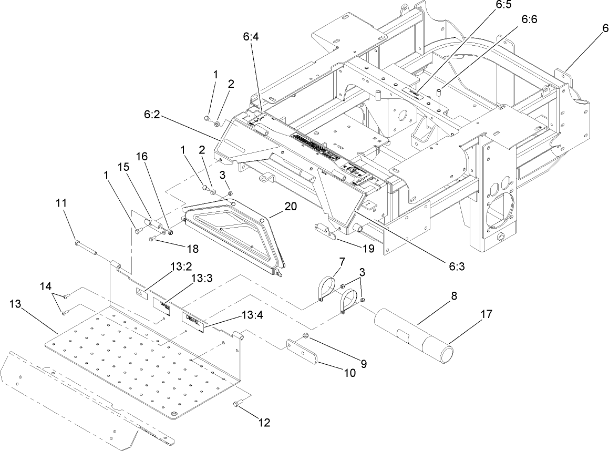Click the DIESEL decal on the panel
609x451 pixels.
pyautogui.click(x=193, y=321)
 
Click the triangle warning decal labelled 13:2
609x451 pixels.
pyautogui.click(x=140, y=293)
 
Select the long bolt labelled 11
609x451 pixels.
pyautogui.click(x=86, y=247)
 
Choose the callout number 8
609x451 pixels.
pyautogui.click(x=453, y=296)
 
